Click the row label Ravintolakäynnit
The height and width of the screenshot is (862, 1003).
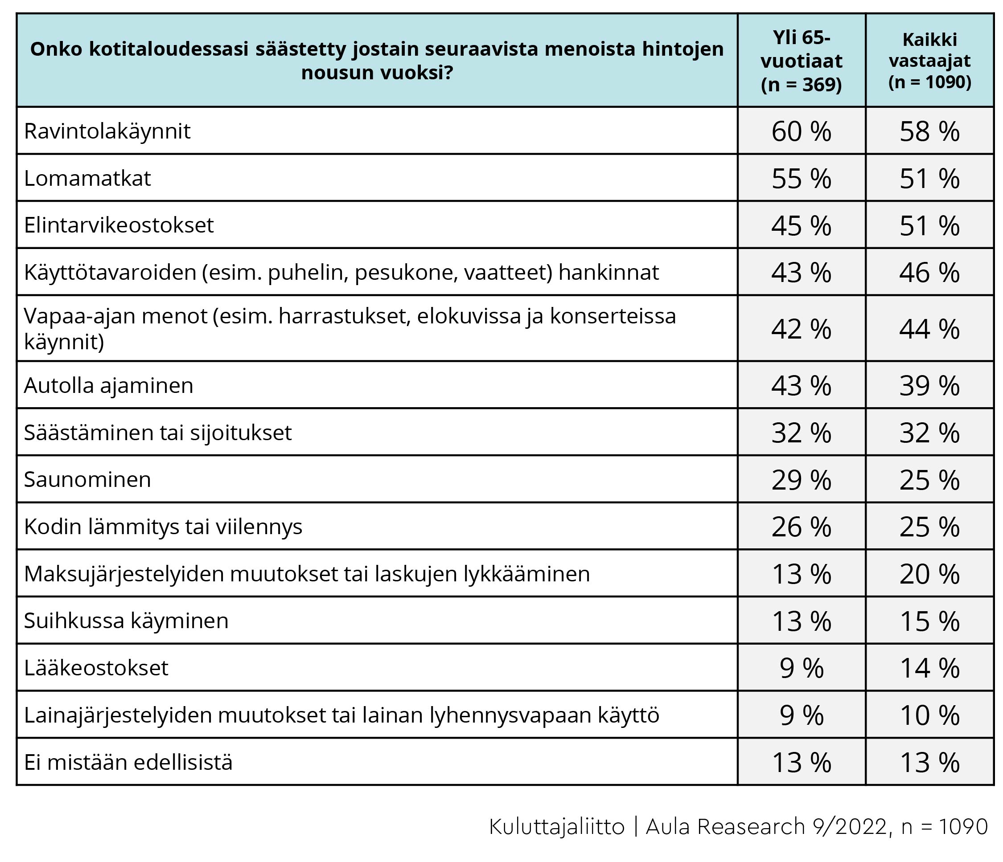pyautogui.click(x=107, y=131)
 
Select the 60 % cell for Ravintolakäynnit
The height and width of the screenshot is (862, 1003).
pyautogui.click(x=801, y=131)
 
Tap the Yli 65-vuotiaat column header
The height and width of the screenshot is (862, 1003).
pyautogui.click(x=801, y=61)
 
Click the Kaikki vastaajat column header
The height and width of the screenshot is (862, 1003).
pyautogui.click(x=929, y=61)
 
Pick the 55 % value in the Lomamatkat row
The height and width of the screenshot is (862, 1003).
pyautogui.click(x=801, y=179)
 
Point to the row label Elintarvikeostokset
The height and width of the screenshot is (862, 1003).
pyautogui.click(x=119, y=225)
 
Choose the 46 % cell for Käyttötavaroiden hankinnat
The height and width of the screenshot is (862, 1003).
pyautogui.click(x=929, y=273)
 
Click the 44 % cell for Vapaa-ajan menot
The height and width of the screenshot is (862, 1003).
pyautogui.click(x=929, y=329)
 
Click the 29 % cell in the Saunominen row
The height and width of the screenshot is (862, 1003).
pyautogui.click(x=801, y=480)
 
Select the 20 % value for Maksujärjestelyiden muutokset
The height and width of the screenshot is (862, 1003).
pyautogui.click(x=929, y=574)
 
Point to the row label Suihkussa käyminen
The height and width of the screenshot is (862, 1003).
pyautogui.click(x=126, y=621)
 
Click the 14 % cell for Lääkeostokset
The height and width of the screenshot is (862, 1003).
pyautogui.click(x=929, y=669)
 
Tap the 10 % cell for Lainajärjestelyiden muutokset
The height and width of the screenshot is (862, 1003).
pyautogui.click(x=929, y=715)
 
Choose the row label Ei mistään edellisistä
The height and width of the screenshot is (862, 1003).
pyautogui.click(x=128, y=762)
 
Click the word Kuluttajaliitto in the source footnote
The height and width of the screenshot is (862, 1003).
pyautogui.click(x=557, y=827)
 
